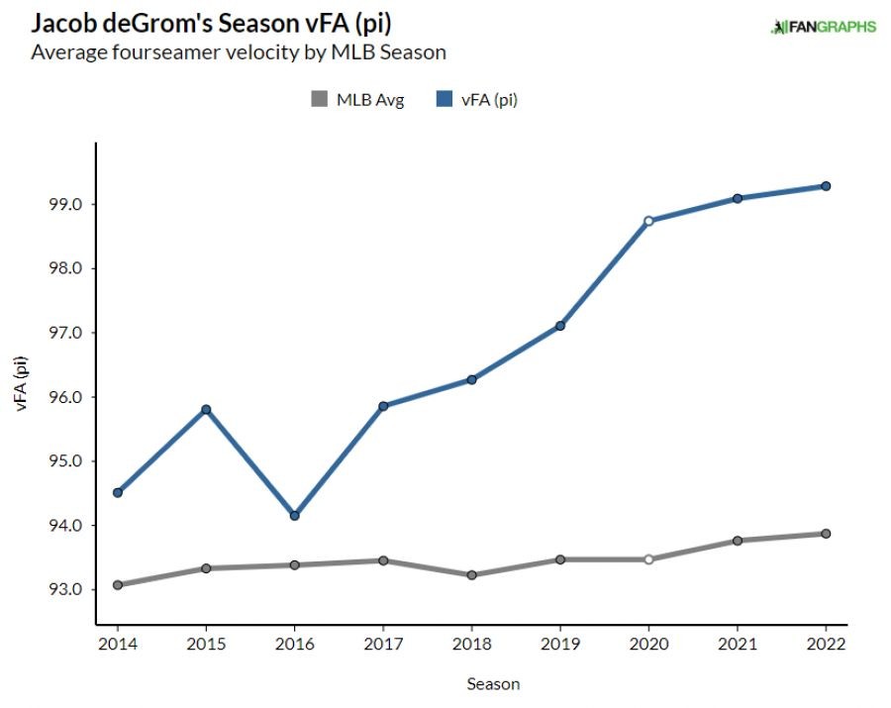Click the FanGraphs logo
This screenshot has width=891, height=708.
point(823,27)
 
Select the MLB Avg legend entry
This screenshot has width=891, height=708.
point(357,99)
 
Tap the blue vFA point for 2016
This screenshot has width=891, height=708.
point(295,515)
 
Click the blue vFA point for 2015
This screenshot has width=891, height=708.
point(206,409)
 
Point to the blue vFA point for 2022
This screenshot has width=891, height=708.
point(825,186)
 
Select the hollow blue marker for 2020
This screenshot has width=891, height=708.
point(648,221)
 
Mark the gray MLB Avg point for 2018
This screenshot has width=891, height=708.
point(471,574)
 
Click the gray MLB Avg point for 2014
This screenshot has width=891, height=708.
point(118,584)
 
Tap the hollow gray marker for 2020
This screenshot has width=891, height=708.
point(648,559)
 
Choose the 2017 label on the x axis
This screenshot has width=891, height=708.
point(383,645)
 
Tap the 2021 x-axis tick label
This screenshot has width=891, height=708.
point(737,645)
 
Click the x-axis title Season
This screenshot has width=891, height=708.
point(493,684)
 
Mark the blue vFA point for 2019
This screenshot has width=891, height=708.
point(559,326)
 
